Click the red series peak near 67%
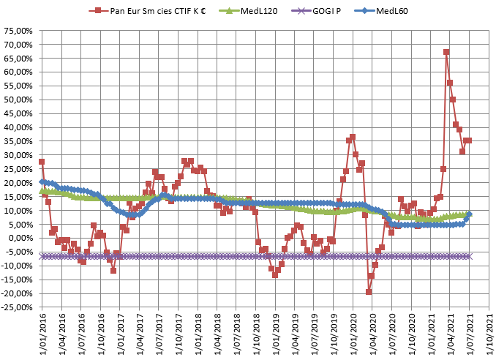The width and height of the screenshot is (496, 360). click(x=446, y=52)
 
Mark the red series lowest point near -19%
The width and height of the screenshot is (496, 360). click(x=369, y=292)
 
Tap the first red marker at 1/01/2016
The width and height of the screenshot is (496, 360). click(x=42, y=162)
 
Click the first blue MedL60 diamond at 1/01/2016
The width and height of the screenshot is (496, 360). click(x=42, y=181)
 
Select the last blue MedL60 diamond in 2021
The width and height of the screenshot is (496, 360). click(x=469, y=214)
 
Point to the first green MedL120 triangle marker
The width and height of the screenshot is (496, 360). click(x=42, y=190)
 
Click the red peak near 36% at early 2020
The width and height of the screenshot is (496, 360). click(x=353, y=137)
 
